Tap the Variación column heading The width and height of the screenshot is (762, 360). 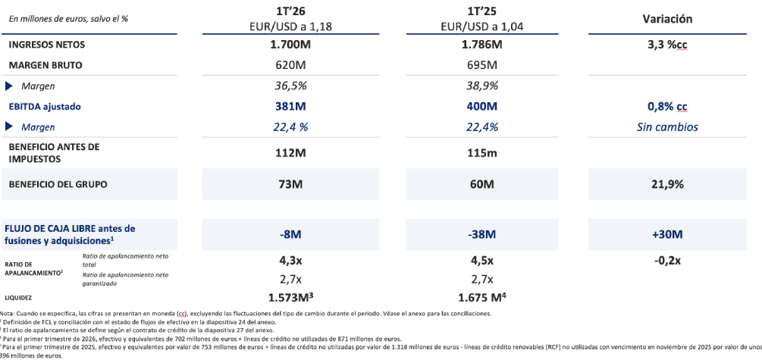667,19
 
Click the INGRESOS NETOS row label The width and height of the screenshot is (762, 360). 47,45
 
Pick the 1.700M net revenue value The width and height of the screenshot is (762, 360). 290,45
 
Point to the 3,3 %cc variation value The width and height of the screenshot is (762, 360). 667,45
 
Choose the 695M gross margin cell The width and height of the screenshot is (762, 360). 482,65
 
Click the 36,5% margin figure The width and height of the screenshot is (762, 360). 290,86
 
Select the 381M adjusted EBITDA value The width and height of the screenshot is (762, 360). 290,106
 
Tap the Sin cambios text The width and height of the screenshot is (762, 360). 667,127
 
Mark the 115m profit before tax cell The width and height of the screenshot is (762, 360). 482,152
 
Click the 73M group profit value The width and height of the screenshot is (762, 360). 290,185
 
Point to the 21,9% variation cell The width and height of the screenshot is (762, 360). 667,185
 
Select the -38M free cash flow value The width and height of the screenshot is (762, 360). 482,235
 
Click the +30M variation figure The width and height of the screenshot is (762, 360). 667,235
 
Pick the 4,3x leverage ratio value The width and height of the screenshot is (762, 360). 290,261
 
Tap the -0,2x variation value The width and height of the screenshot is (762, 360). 667,261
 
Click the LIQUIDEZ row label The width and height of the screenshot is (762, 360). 18,297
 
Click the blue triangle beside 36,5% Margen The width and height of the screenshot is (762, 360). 9,86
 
